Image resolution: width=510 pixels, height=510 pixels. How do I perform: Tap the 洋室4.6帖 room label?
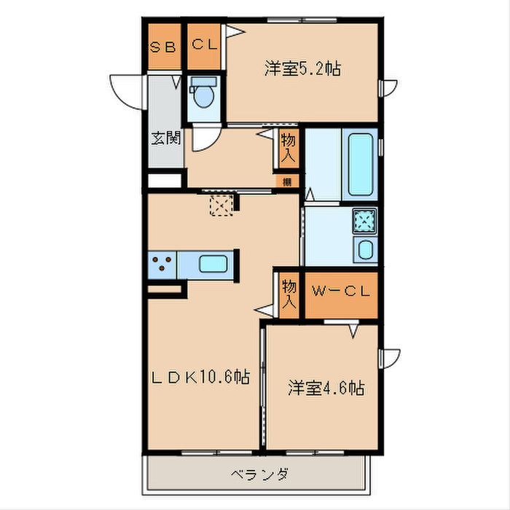tap(326, 388)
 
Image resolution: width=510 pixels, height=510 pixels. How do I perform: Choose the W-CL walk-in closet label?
tap(341, 291)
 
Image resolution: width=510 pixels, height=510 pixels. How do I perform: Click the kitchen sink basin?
tap(213, 264)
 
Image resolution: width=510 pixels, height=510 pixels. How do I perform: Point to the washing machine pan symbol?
tap(364, 220)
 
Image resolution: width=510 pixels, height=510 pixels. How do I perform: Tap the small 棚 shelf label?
tap(288, 181)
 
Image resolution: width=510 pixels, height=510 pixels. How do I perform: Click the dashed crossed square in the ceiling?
tap(220, 205)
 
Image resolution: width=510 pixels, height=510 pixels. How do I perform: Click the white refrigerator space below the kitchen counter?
tap(163, 290)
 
